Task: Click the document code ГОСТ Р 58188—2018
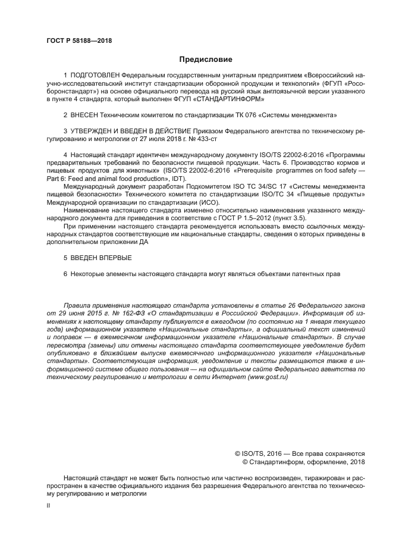(x=78, y=42)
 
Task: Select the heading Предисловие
(x=206, y=60)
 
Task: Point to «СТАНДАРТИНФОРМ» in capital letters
(x=232, y=99)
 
